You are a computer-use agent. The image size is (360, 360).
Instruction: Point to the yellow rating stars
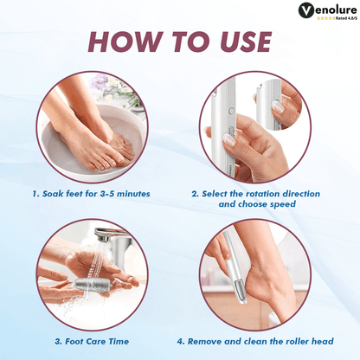click(x=321, y=16)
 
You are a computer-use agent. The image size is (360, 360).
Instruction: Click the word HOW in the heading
click(x=125, y=42)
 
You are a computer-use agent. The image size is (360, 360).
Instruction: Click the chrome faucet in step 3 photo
click(x=104, y=235)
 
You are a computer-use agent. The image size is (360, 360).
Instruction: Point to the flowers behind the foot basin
click(x=121, y=87)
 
